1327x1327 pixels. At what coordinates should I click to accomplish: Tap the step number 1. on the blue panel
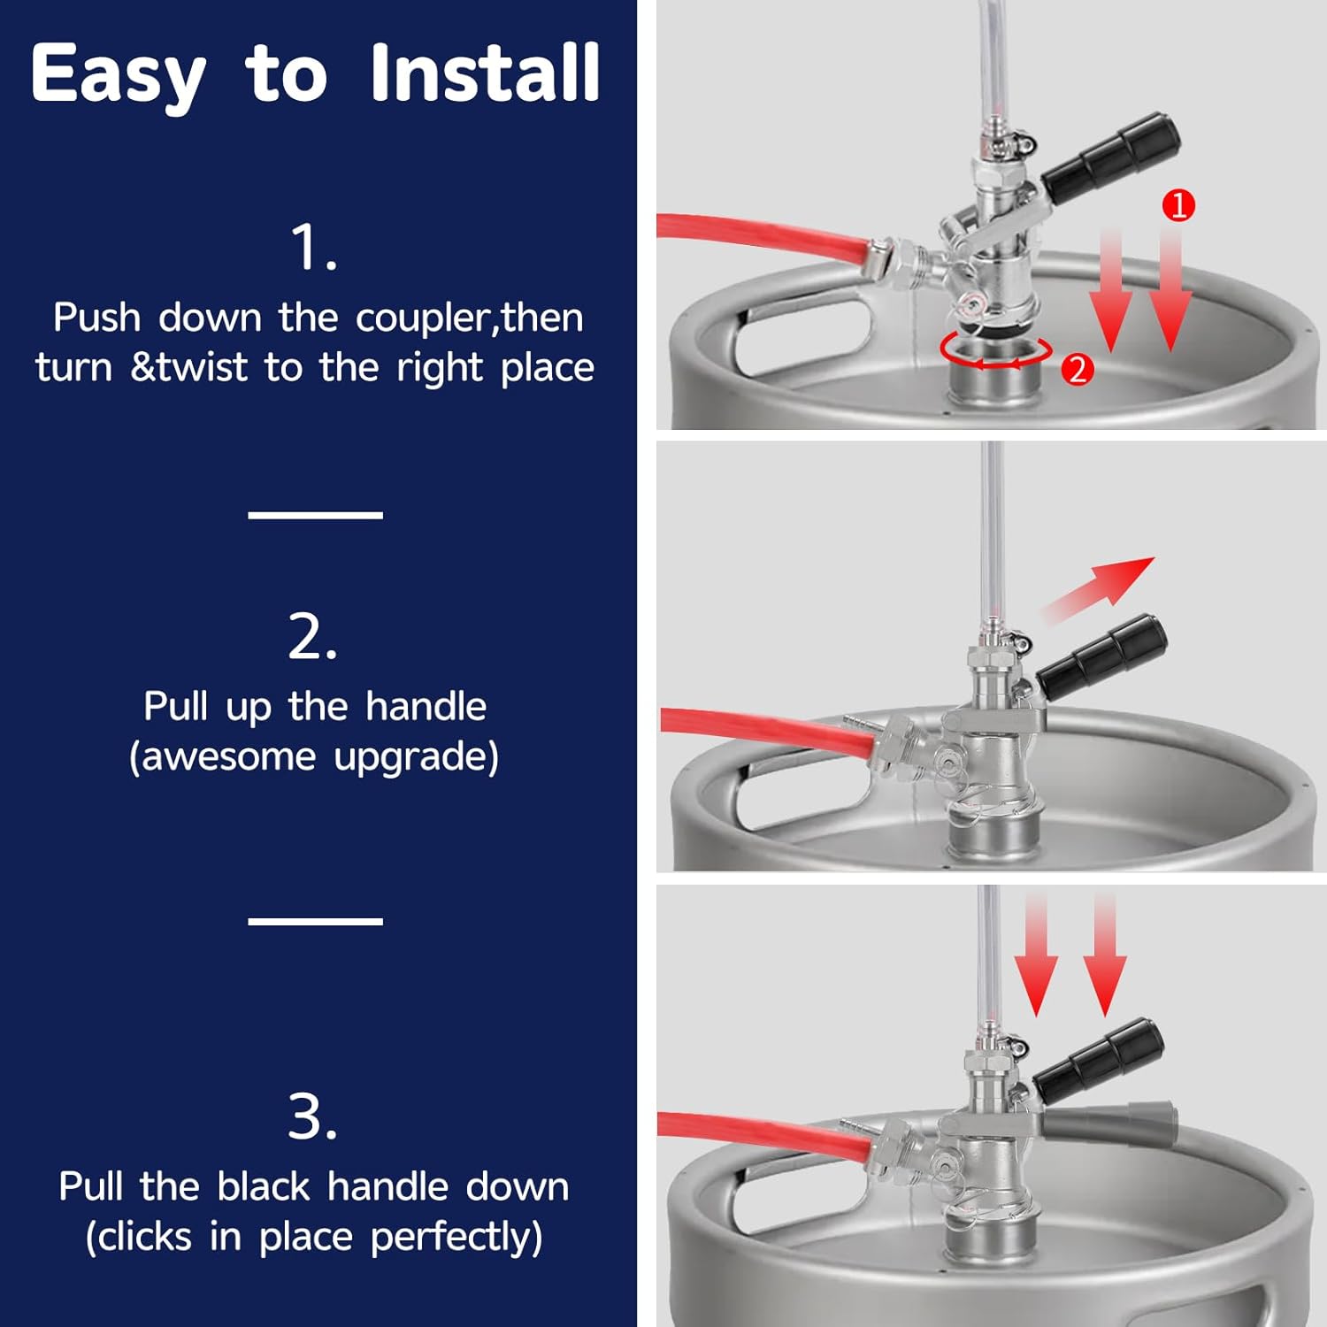point(314,247)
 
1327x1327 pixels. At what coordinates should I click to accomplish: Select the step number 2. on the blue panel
point(313,636)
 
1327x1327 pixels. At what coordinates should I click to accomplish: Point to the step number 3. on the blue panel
point(313,1116)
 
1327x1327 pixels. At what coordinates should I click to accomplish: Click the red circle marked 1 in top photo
point(1178,205)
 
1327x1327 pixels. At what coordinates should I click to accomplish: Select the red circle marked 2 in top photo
point(1078,369)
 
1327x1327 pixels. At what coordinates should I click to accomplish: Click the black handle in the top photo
point(1111,157)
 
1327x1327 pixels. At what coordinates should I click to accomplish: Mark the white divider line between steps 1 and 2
point(315,514)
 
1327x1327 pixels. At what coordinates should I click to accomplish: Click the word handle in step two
point(426,707)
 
